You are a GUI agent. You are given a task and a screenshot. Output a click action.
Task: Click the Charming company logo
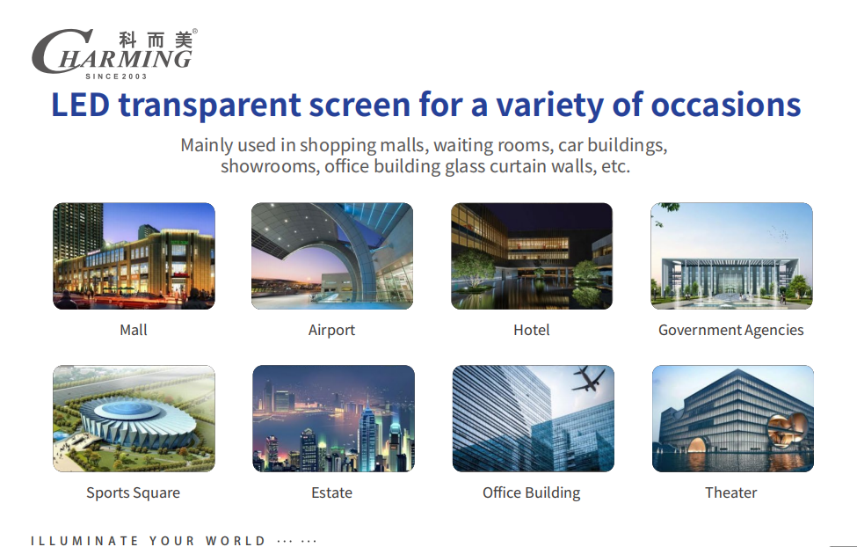pyautogui.click(x=113, y=53)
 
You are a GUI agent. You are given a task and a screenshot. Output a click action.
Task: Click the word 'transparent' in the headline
pyautogui.click(x=207, y=105)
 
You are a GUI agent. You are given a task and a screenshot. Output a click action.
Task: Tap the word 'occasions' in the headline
pyautogui.click(x=725, y=105)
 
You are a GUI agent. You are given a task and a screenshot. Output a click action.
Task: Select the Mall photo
pyautogui.click(x=134, y=256)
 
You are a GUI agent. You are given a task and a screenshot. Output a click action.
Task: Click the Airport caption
pyautogui.click(x=331, y=331)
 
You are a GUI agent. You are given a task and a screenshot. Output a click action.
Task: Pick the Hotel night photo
pyautogui.click(x=532, y=256)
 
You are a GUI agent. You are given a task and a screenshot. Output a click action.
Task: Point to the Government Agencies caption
pyautogui.click(x=730, y=331)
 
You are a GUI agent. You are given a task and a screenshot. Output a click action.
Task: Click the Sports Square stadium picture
pyautogui.click(x=134, y=419)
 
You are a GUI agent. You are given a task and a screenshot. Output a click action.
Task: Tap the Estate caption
pyautogui.click(x=331, y=493)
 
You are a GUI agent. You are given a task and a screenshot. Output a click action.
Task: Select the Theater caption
pyautogui.click(x=730, y=493)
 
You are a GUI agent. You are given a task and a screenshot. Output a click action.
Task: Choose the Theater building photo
pyautogui.click(x=732, y=419)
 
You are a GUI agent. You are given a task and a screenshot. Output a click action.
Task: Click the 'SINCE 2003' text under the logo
pyautogui.click(x=116, y=77)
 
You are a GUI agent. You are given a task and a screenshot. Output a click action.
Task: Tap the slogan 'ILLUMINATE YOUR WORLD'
pyautogui.click(x=148, y=541)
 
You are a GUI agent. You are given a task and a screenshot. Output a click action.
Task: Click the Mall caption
pyautogui.click(x=134, y=331)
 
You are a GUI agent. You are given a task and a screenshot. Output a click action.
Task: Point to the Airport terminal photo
pyautogui.click(x=332, y=256)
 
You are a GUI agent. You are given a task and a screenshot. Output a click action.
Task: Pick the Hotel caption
pyautogui.click(x=532, y=331)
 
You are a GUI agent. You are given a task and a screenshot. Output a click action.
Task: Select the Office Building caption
pyautogui.click(x=531, y=493)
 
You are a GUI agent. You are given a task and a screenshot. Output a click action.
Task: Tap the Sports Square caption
pyautogui.click(x=133, y=493)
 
